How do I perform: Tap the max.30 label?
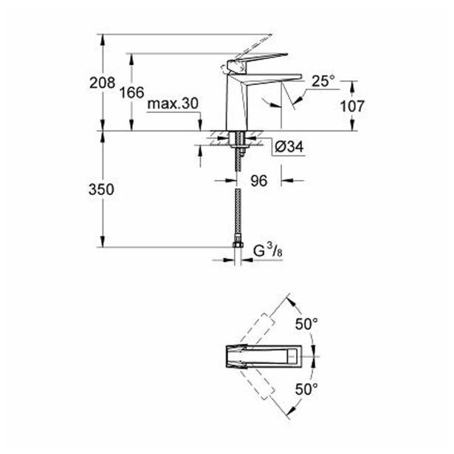(x=173, y=106)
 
